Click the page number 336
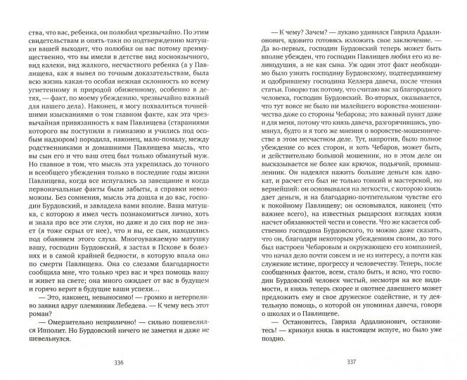tap(117, 364)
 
